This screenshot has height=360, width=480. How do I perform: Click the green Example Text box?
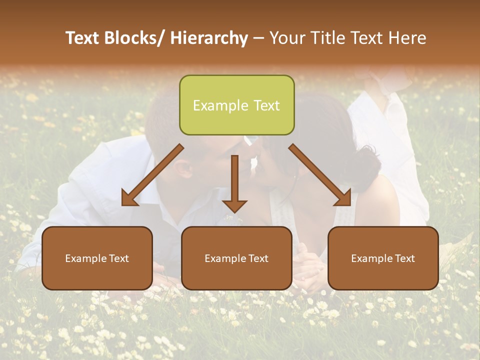click(x=236, y=105)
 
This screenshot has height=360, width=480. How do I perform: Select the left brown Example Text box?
click(x=97, y=258)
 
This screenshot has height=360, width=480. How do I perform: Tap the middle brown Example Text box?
click(x=236, y=258)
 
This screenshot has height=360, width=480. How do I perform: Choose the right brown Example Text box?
click(x=383, y=258)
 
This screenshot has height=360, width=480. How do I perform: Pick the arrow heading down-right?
click(x=320, y=175)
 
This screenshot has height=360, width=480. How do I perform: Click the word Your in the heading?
click(x=287, y=38)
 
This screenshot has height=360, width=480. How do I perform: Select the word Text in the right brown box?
click(x=404, y=258)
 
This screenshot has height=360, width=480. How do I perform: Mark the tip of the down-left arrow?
click(x=123, y=204)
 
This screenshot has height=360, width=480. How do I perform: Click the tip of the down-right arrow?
click(x=350, y=204)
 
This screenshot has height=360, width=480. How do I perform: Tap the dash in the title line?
click(x=258, y=38)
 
